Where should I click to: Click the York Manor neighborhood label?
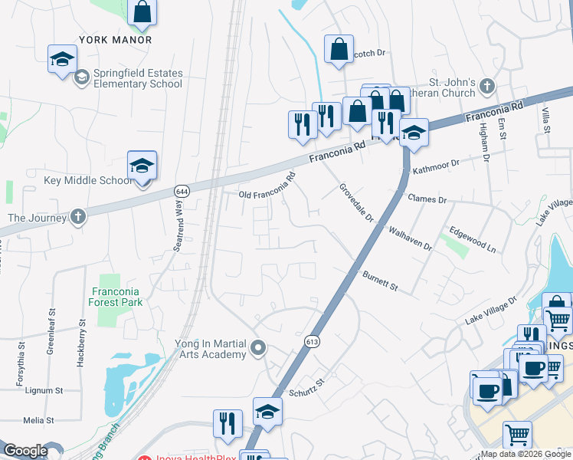115,40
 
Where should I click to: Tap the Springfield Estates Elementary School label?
138,78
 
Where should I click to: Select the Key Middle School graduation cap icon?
142,166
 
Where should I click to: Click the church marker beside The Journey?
77,217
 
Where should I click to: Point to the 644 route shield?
182,190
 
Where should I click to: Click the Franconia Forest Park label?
117,297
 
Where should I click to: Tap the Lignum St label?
44,390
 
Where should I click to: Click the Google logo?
25,451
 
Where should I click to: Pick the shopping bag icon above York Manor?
142,11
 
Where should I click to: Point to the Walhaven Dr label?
410,239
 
